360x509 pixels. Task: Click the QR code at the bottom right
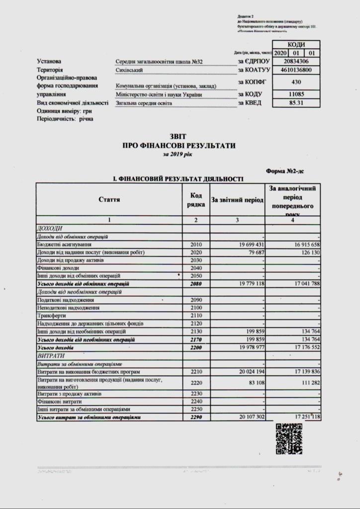pyautogui.click(x=289, y=439)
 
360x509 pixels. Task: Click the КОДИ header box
pyautogui.click(x=297, y=44)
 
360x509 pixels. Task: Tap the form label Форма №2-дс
pyautogui.click(x=285, y=171)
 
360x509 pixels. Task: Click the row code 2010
pyautogui.click(x=196, y=245)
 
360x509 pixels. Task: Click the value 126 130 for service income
pyautogui.click(x=306, y=253)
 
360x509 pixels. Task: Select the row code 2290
pyautogui.click(x=196, y=418)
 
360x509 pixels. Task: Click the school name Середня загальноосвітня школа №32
pyautogui.click(x=159, y=62)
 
